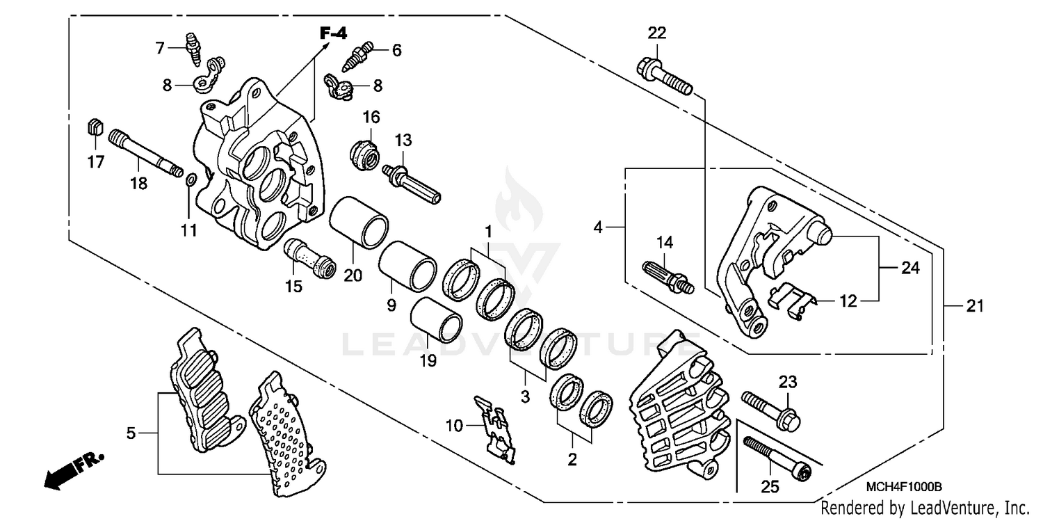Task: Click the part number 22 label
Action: point(657,33)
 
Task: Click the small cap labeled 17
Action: point(95,128)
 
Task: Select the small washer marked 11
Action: point(190,182)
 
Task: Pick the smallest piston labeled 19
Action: point(435,319)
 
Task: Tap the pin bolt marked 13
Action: point(414,182)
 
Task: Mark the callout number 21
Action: point(975,305)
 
